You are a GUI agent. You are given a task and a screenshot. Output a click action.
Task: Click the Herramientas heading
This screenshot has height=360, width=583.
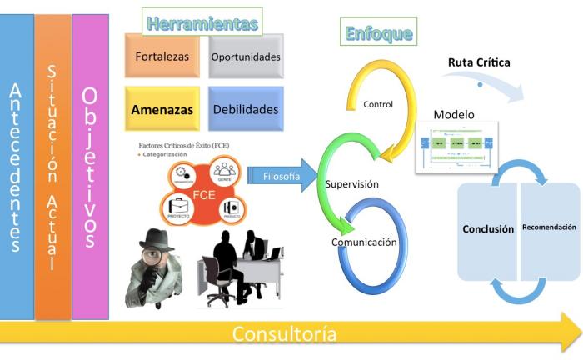(202, 23)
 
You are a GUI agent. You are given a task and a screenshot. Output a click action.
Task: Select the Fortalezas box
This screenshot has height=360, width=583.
(162, 57)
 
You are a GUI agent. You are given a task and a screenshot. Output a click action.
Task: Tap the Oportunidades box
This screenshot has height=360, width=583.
(245, 57)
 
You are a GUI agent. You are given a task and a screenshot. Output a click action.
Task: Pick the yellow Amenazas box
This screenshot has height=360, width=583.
(162, 109)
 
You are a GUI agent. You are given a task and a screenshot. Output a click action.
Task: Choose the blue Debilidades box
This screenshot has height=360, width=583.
(245, 109)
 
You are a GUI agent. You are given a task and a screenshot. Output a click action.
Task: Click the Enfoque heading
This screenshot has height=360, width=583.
(379, 34)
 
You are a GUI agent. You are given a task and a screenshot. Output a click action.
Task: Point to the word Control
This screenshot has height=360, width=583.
(378, 104)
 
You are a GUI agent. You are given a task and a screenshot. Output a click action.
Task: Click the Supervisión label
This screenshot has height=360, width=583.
(352, 183)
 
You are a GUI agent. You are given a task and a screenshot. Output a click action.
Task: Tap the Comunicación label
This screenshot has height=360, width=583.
(363, 242)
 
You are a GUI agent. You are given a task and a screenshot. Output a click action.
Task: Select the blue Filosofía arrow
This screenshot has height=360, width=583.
(279, 177)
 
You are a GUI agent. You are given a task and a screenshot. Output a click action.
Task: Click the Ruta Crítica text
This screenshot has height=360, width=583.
(479, 62)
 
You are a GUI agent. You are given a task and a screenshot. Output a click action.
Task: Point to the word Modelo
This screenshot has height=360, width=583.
(454, 114)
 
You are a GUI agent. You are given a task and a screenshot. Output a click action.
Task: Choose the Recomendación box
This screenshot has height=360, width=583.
(549, 227)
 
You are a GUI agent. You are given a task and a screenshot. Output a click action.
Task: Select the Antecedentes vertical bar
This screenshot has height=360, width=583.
(17, 167)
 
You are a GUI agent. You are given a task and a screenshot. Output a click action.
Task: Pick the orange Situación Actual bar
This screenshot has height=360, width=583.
(52, 167)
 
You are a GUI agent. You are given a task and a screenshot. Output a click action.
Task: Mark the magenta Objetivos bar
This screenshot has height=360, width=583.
(90, 167)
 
